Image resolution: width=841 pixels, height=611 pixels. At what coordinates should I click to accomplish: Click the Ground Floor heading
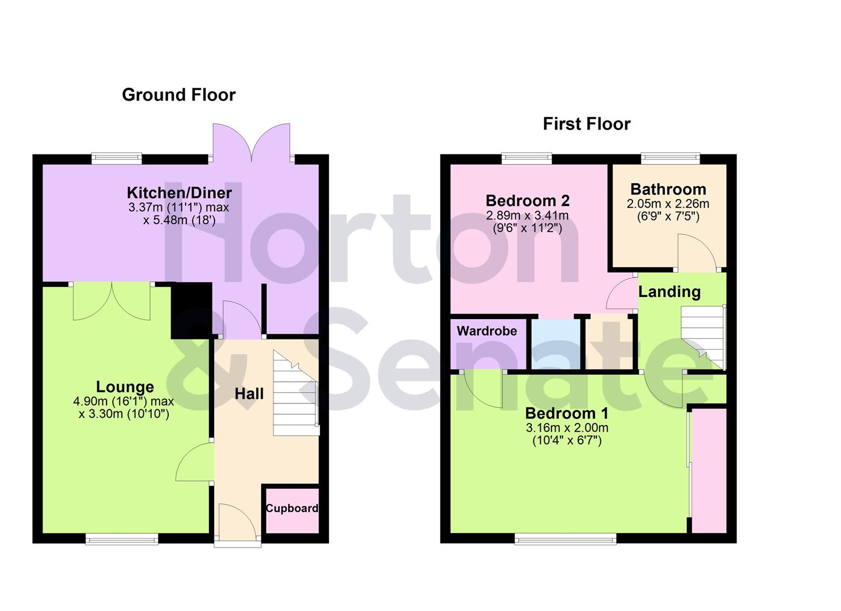coord(178,94)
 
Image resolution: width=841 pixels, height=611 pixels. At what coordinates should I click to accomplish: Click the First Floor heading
coord(586,124)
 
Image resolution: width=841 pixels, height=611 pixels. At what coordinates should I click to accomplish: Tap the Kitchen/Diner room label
coord(179,193)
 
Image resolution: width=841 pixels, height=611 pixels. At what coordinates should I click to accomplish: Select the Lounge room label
coord(125,387)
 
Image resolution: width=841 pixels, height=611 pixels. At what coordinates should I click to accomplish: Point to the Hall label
coord(249,394)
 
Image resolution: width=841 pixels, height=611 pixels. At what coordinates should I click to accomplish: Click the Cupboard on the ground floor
coord(292,509)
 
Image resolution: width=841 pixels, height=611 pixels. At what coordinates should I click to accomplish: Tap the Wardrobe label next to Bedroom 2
coord(486,331)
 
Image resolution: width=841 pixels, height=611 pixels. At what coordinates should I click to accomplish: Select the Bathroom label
coord(668,189)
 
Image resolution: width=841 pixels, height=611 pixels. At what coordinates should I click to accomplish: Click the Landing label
coord(669,292)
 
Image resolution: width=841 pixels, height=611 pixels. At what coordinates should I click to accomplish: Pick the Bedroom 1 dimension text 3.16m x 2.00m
coord(567,428)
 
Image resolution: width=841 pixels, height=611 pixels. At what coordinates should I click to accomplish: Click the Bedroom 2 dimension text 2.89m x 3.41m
coord(527,216)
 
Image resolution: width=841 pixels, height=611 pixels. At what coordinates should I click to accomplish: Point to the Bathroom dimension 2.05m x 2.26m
coord(668,204)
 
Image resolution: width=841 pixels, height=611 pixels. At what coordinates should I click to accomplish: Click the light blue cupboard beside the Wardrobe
coord(555,344)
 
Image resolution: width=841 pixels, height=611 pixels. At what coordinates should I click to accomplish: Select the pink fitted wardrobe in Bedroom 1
coord(709,470)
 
